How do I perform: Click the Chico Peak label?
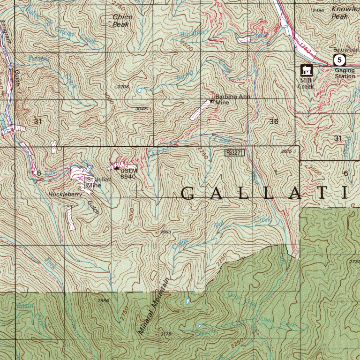tap(122, 20)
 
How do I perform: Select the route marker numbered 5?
tap(339, 60)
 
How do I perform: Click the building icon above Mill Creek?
tap(307, 71)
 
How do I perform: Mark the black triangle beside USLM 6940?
tap(117, 168)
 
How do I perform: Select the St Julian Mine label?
tap(94, 181)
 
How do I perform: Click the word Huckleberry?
tap(65, 194)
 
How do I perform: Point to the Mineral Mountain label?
tap(153, 305)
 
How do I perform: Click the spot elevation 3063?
tap(165, 232)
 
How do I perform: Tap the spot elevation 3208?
tap(123, 87)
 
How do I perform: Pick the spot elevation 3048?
tap(141, 108)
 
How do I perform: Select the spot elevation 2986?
tap(103, 300)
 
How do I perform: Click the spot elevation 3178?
tap(165, 334)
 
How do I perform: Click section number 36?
tap(274, 121)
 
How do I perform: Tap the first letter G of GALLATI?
tap(188, 194)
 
